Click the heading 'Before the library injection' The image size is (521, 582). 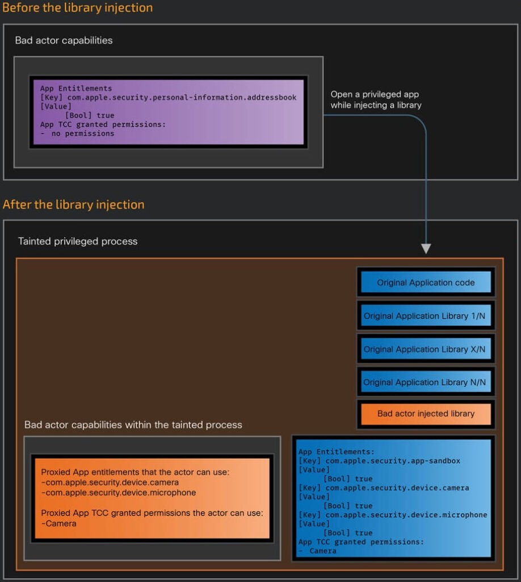77,8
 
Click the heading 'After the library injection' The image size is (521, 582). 73,205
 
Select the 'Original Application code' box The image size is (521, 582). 426,282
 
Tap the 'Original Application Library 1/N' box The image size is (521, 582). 426,315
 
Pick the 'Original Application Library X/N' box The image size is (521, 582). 426,349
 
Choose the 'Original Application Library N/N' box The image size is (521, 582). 426,382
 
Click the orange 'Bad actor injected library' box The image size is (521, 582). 426,414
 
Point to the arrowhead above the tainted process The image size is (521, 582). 426,248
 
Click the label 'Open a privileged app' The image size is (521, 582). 375,94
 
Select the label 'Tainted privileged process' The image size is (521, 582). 78,241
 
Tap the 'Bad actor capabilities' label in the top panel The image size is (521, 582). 64,40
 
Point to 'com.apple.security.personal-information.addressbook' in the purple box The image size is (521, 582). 182,97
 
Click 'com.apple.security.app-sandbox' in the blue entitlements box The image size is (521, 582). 393,460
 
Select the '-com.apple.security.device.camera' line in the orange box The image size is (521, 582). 110,482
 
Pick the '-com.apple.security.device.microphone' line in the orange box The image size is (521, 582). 119,493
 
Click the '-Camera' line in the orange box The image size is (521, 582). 58,523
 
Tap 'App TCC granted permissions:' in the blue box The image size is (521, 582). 361,542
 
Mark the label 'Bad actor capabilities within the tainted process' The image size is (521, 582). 133,425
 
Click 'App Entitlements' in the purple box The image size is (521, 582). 76,88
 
